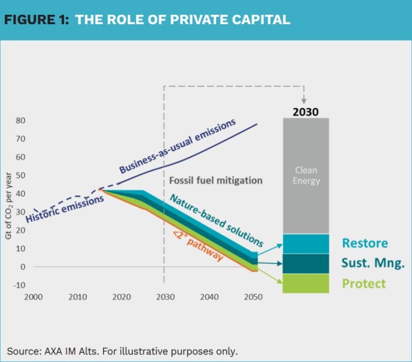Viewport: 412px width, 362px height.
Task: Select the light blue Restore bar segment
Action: pos(305,243)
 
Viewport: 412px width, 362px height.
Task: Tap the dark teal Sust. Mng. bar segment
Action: pos(305,264)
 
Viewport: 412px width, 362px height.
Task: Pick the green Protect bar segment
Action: pos(305,284)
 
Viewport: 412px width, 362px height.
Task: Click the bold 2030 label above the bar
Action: pos(305,111)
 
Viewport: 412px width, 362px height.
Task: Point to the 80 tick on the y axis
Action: pos(21,121)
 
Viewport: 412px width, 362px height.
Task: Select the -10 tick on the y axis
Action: pos(20,285)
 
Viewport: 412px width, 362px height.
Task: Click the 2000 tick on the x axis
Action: pos(34,297)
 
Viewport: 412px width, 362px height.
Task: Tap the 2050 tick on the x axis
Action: pos(254,297)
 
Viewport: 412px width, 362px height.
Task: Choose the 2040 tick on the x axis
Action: pos(210,297)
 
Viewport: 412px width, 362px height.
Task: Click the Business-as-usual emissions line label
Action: pos(177,146)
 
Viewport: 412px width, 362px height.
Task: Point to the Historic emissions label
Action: pos(65,209)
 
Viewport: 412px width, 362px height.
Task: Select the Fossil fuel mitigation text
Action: pos(215,180)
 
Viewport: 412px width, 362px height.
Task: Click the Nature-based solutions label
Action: pos(216,220)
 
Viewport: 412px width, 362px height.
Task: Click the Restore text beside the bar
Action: pos(365,243)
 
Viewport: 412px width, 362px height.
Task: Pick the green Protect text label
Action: pos(364,284)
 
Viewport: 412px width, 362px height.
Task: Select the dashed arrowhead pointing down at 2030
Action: pos(304,101)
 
